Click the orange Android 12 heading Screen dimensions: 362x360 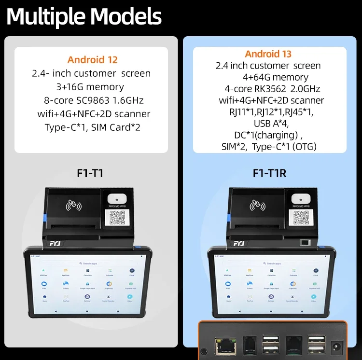click(x=92, y=60)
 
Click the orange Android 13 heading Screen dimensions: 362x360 click(x=268, y=54)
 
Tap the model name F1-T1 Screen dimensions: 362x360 click(x=90, y=173)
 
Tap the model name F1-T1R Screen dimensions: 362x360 click(x=269, y=173)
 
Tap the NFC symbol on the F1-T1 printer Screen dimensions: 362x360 click(x=74, y=207)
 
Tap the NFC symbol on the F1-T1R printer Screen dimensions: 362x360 click(x=259, y=207)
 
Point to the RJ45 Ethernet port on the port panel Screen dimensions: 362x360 click(x=224, y=343)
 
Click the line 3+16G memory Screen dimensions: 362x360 click(x=90, y=87)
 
